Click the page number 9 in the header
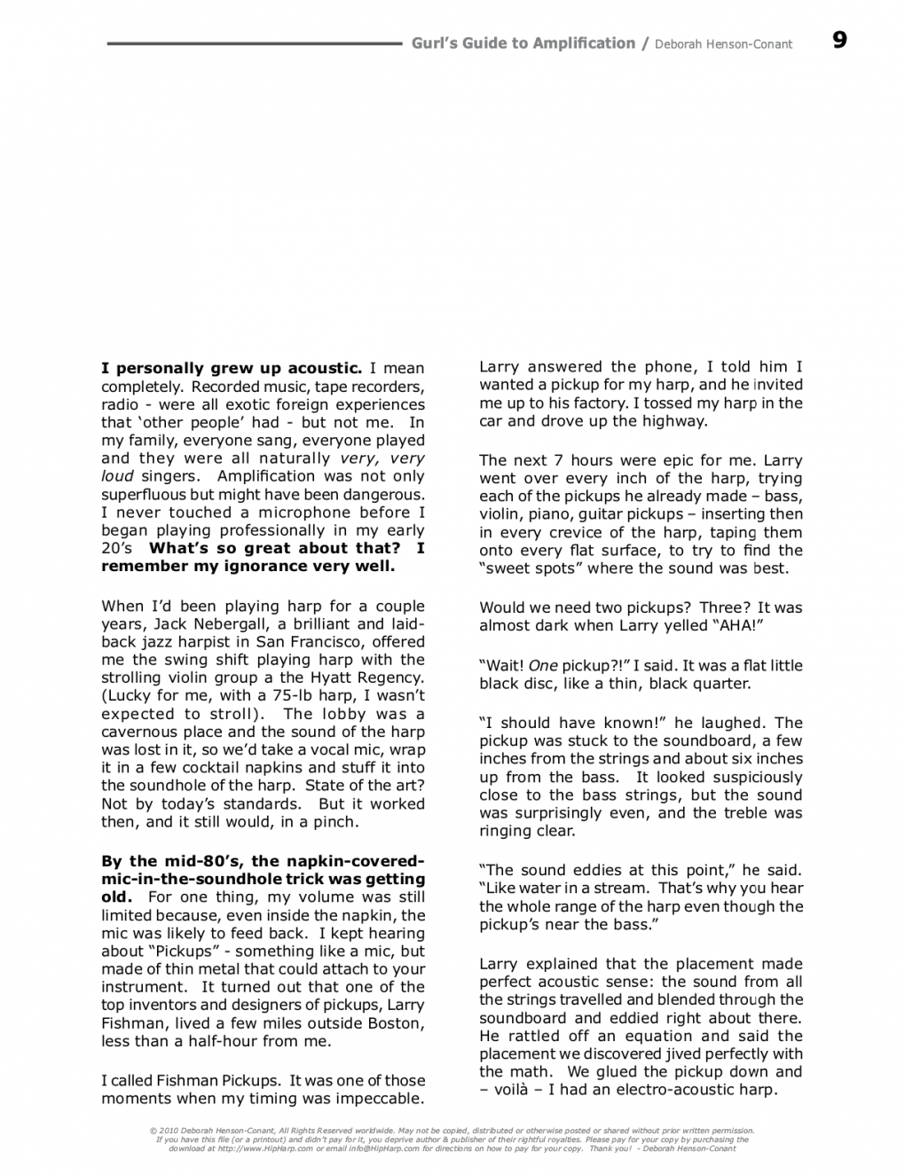[839, 40]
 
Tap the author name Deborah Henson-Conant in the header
[723, 43]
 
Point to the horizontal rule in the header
[253, 43]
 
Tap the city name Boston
[393, 1022]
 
